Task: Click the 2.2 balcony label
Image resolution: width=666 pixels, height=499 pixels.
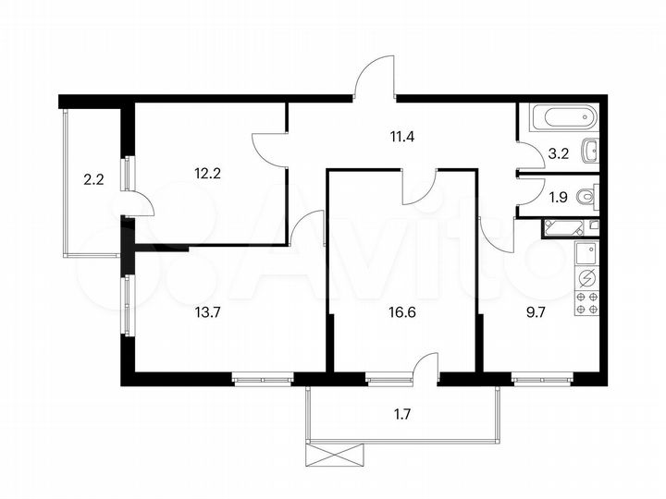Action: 92,181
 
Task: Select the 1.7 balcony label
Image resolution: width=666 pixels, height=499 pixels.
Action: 401,413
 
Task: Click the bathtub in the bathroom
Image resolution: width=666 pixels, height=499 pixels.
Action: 562,118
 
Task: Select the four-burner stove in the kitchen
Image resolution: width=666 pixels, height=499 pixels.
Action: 586,303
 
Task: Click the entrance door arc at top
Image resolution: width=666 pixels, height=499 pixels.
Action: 376,79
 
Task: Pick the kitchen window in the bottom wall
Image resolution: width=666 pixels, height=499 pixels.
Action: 542,378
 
